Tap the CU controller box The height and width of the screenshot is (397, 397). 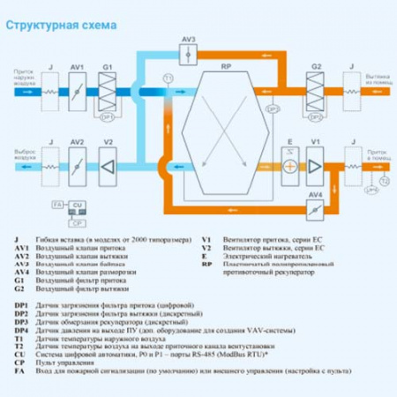(x=78, y=204)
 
